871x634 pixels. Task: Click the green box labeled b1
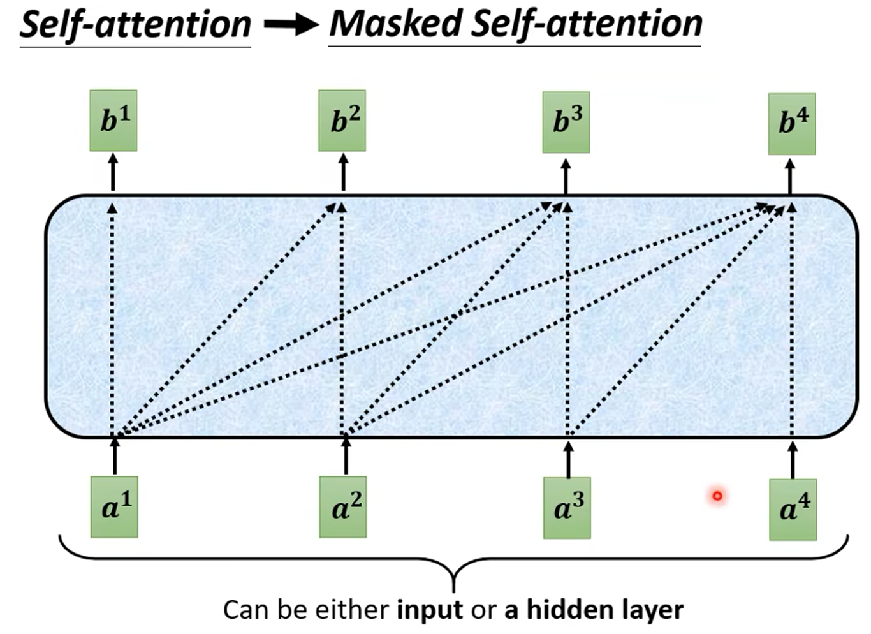point(113,121)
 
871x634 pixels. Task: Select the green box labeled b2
point(342,121)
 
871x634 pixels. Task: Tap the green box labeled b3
point(566,122)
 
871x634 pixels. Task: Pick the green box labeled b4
point(792,124)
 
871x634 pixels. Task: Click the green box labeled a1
point(114,507)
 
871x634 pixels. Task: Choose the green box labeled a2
point(343,507)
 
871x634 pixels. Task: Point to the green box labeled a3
point(567,508)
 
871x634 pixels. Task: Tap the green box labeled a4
point(793,509)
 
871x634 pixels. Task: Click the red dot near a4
point(717,496)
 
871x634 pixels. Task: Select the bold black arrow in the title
point(290,25)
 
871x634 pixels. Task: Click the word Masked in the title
point(395,24)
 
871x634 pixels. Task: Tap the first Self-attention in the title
point(135,25)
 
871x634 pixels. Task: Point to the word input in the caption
point(429,610)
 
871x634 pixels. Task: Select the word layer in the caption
point(652,610)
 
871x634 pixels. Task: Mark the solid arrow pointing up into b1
point(113,172)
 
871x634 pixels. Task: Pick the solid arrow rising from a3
point(568,457)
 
